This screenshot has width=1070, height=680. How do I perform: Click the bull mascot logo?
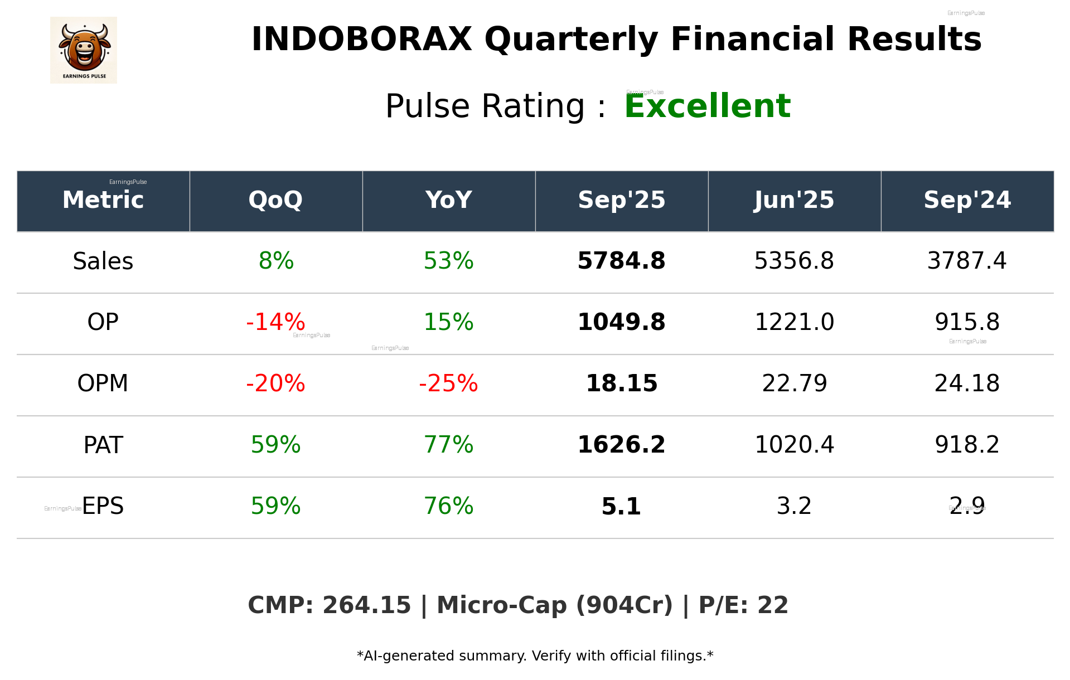(84, 50)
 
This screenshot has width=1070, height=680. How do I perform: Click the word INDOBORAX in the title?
(361, 40)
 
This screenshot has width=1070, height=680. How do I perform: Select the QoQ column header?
(275, 200)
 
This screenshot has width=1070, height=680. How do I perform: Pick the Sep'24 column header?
(967, 200)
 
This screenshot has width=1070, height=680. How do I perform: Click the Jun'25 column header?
(794, 200)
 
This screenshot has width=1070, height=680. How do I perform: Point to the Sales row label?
(103, 261)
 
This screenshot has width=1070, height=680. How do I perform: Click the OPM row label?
(103, 383)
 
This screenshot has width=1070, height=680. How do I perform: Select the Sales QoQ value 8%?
(276, 261)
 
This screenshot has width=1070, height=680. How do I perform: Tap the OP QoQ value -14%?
(275, 322)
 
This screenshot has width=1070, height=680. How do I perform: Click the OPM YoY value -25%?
(448, 383)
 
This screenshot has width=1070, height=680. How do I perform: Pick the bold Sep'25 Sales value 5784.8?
(621, 261)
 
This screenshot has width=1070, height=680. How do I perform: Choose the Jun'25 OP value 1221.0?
(794, 322)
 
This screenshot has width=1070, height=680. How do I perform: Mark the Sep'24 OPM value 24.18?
(967, 383)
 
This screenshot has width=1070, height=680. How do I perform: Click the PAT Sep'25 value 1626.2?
(621, 445)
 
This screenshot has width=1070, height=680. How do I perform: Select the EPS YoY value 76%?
(448, 506)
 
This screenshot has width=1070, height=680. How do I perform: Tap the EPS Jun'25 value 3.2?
(794, 506)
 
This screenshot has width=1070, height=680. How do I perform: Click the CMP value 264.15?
(366, 605)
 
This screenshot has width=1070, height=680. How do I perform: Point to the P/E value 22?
(773, 605)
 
